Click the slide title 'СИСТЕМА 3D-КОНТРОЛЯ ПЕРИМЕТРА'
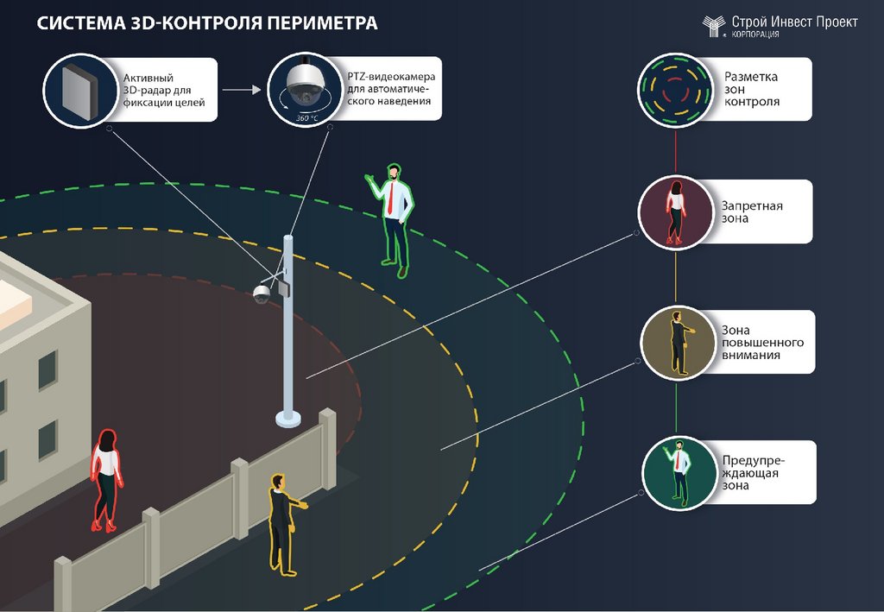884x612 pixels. [207, 23]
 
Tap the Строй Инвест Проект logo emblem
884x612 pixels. [714, 26]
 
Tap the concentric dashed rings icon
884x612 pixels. [673, 88]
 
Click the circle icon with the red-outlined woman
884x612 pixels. [674, 211]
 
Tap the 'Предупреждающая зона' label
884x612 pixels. [757, 472]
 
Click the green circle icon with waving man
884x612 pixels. [679, 472]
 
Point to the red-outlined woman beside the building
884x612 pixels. [106, 480]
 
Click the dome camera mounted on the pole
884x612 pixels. [261, 293]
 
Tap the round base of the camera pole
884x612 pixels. [288, 419]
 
